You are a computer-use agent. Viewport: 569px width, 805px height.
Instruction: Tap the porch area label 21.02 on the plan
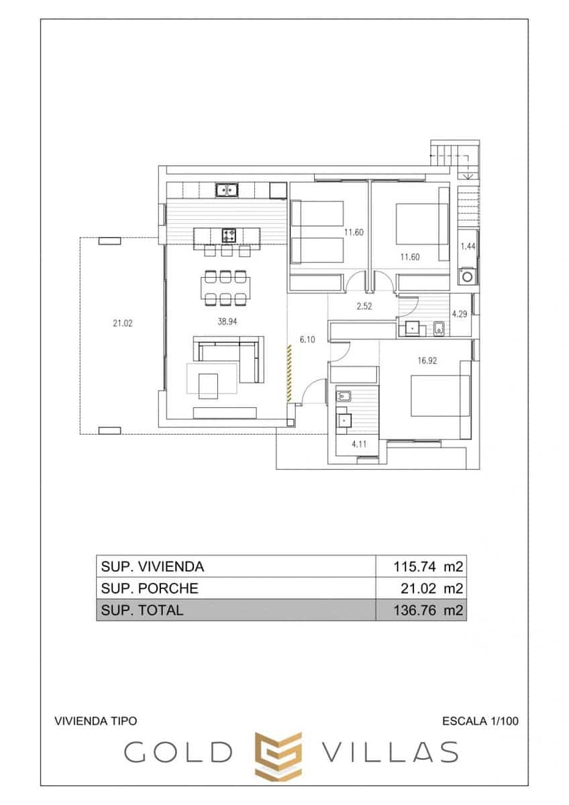click(122, 323)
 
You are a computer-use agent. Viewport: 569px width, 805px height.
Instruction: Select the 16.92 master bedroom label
click(427, 360)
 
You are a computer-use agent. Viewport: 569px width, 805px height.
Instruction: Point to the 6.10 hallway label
click(307, 340)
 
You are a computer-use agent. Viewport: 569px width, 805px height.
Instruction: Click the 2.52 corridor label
click(364, 307)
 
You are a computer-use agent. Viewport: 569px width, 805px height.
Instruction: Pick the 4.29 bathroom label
click(460, 313)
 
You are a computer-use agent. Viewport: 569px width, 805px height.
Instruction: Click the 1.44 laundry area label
click(468, 247)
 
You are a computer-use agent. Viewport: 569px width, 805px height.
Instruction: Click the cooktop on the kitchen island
click(229, 235)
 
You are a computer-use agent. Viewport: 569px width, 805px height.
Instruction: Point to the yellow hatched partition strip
click(289, 374)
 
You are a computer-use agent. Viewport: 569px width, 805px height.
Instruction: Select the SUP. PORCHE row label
click(150, 588)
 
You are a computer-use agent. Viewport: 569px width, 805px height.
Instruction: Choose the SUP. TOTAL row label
click(142, 610)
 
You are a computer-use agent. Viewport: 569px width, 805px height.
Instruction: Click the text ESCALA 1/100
click(480, 721)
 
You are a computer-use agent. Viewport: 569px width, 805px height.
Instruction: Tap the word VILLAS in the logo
click(391, 753)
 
